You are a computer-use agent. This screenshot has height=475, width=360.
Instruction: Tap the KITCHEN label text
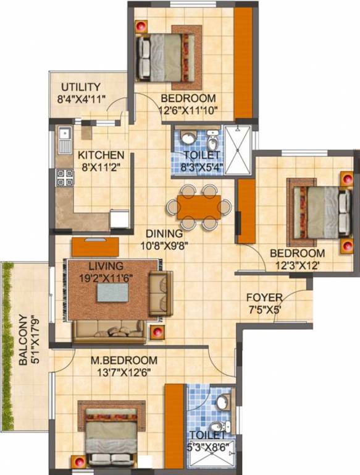(x=101, y=155)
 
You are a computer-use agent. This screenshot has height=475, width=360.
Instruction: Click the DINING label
(x=164, y=234)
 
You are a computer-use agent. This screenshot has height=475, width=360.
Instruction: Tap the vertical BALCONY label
(x=23, y=340)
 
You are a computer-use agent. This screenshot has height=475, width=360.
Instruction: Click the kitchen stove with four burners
(x=65, y=178)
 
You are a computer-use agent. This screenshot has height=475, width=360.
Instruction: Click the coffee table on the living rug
(x=112, y=292)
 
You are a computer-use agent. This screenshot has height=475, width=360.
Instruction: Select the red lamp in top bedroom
(x=141, y=27)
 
